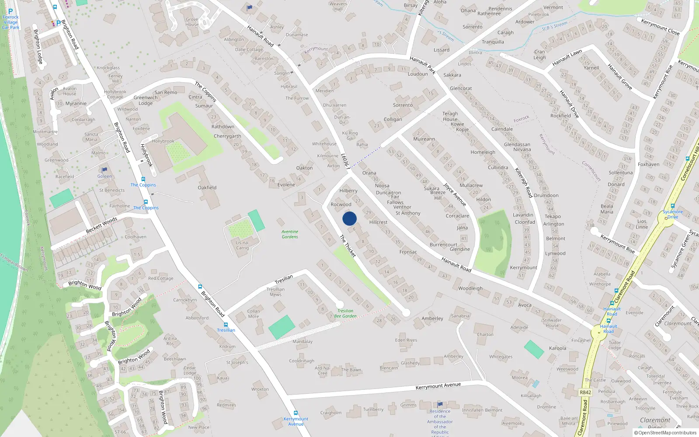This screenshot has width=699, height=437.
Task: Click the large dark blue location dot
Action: (x=349, y=218)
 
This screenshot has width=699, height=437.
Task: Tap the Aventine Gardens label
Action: (x=290, y=234)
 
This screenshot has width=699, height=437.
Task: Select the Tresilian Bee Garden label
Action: (x=345, y=313)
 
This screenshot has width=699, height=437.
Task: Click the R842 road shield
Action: (x=585, y=392)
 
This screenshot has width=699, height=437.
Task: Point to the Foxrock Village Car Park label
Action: (x=10, y=22)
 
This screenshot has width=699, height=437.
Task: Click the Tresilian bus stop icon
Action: (x=226, y=325)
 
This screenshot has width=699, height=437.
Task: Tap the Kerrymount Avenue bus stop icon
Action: (x=295, y=413)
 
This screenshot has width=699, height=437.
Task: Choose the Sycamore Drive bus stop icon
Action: (x=673, y=206)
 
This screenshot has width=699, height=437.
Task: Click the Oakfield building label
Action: (x=207, y=187)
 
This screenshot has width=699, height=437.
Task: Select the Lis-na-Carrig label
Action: (x=242, y=245)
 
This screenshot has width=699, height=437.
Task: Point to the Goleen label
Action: (x=104, y=176)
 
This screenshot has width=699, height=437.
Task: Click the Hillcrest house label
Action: (x=378, y=222)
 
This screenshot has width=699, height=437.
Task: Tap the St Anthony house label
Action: (x=408, y=213)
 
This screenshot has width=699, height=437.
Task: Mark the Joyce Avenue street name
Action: (x=455, y=194)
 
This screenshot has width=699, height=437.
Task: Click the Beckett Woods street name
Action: (x=101, y=225)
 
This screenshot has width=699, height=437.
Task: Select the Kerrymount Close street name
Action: (x=660, y=27)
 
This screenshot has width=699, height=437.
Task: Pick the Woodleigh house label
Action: (x=471, y=288)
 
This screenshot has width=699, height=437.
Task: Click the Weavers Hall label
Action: (x=338, y=6)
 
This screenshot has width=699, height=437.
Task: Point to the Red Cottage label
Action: (x=161, y=278)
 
